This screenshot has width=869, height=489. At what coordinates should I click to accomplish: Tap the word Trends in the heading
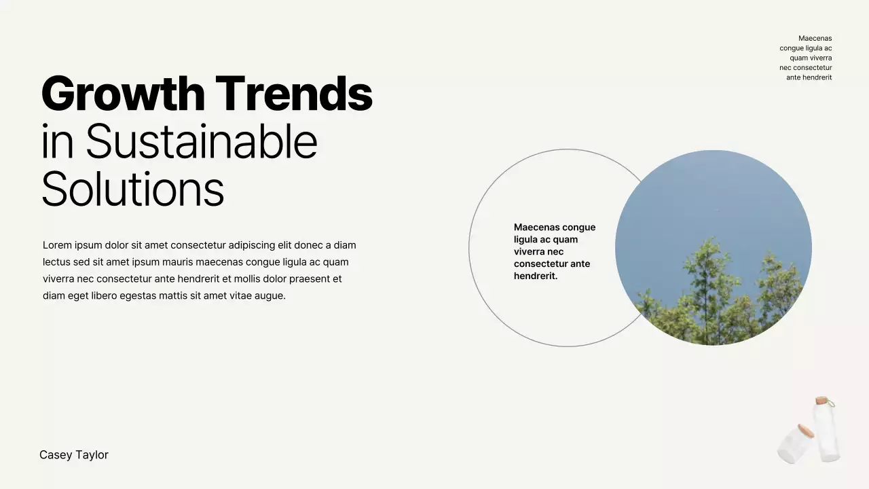click(x=294, y=94)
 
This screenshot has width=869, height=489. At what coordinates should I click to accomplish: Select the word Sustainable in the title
click(x=202, y=142)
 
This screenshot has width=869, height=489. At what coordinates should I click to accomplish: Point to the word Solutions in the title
click(x=132, y=189)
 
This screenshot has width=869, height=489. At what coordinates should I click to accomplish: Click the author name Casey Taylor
click(x=74, y=455)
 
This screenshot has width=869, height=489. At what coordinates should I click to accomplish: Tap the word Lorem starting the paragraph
click(x=57, y=245)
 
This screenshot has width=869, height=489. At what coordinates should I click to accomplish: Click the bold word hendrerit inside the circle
click(x=535, y=276)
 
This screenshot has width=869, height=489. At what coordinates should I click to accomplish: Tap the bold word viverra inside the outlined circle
click(x=530, y=252)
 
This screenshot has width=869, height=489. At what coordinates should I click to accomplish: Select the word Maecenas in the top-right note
click(x=815, y=39)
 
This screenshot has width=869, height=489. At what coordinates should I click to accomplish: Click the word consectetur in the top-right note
click(x=812, y=68)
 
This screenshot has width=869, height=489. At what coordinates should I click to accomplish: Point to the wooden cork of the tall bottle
click(x=822, y=401)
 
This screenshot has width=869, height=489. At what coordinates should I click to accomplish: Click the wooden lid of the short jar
click(x=806, y=431)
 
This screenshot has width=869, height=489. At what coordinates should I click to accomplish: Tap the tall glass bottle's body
click(x=828, y=435)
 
